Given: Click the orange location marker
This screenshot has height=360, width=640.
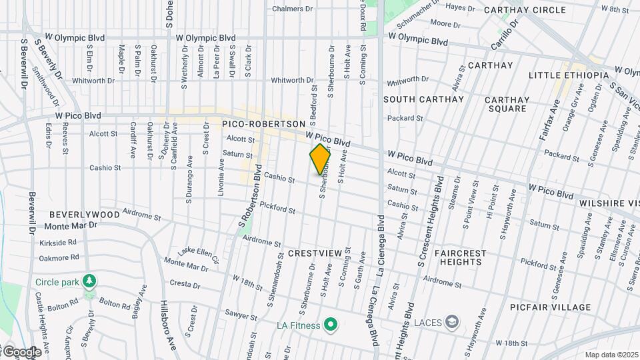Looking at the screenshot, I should point(320,159).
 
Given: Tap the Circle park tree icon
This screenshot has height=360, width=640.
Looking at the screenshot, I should point(89,280).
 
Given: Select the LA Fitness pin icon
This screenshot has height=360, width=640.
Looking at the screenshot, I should point(329,325).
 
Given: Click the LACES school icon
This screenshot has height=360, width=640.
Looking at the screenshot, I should point(453,323).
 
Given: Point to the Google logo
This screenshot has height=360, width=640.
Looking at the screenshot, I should point(21,352).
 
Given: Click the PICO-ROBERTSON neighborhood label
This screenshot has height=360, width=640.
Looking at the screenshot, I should point(263,124).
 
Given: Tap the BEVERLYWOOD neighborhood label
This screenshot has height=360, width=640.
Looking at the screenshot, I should point(85,215).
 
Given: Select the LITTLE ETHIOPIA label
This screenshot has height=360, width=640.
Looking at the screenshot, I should point(569,75).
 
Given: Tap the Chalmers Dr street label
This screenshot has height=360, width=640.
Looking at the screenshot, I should point(293,9).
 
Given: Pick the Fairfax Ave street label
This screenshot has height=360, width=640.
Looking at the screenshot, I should point(548,121).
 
